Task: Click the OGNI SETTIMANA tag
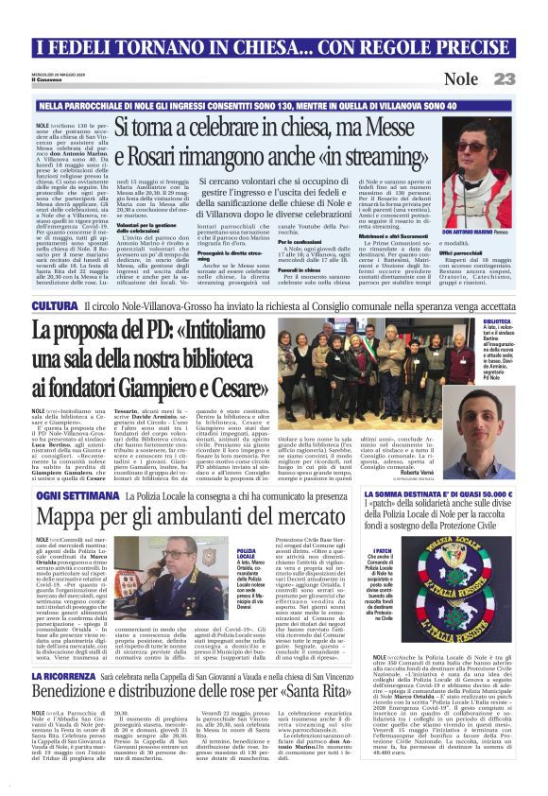[x=62, y=494]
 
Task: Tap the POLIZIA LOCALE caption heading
[x=246, y=552]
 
